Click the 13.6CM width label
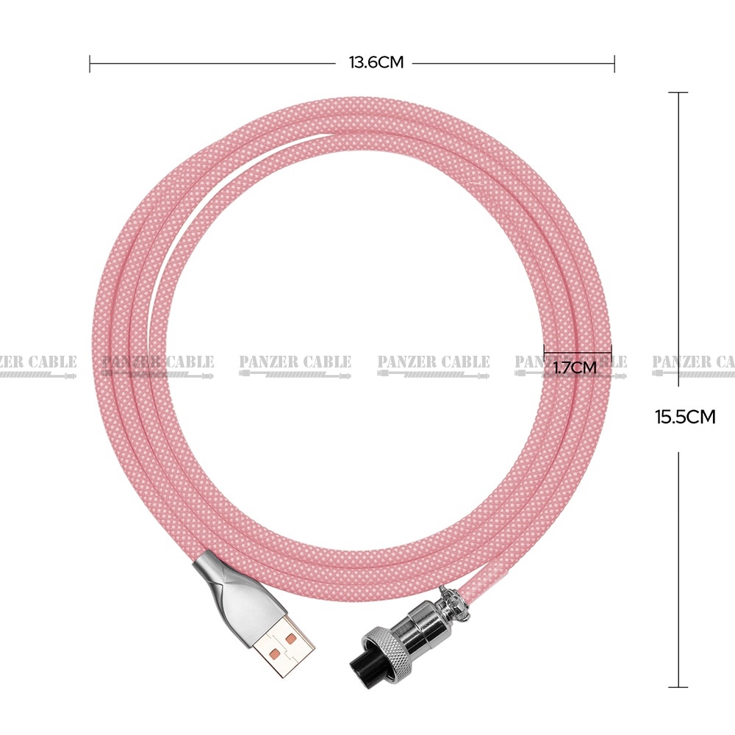[376, 62]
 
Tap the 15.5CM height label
[685, 417]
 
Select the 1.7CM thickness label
[575, 367]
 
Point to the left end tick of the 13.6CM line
[90, 63]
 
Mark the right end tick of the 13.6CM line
[614, 63]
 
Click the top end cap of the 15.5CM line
[678, 93]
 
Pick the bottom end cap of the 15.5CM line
[678, 687]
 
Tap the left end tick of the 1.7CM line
[544, 349]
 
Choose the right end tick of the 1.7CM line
[612, 349]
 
